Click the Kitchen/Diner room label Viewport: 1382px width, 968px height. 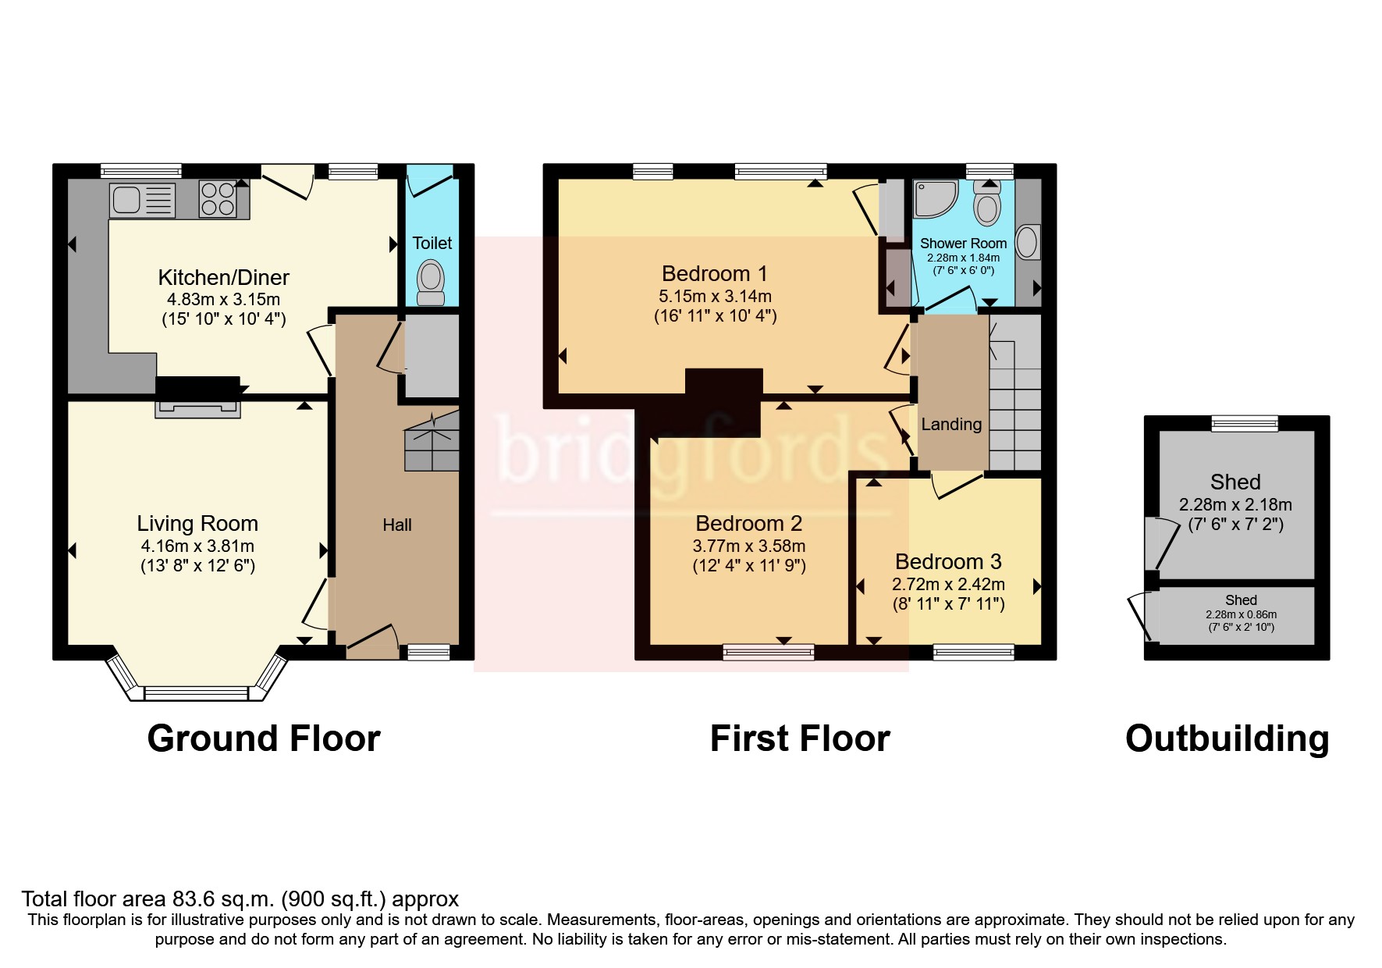[223, 277]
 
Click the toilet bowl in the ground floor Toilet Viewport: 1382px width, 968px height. [431, 282]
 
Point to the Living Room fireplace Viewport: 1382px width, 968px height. [198, 407]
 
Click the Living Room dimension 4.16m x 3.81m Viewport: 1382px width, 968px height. [197, 546]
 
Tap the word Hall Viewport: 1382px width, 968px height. [397, 525]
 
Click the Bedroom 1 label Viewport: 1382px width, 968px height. [715, 273]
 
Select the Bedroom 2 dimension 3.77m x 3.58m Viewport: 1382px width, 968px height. [749, 546]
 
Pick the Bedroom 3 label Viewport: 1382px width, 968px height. [948, 561]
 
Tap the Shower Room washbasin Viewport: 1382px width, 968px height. [1029, 242]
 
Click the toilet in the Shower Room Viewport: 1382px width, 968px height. [989, 202]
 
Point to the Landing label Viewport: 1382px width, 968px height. [951, 424]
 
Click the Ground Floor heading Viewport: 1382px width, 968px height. [264, 738]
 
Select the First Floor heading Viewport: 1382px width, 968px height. [800, 738]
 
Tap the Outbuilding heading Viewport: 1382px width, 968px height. [1227, 738]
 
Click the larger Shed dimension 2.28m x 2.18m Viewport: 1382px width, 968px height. [1235, 504]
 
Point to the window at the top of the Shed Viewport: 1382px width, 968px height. [1245, 423]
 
